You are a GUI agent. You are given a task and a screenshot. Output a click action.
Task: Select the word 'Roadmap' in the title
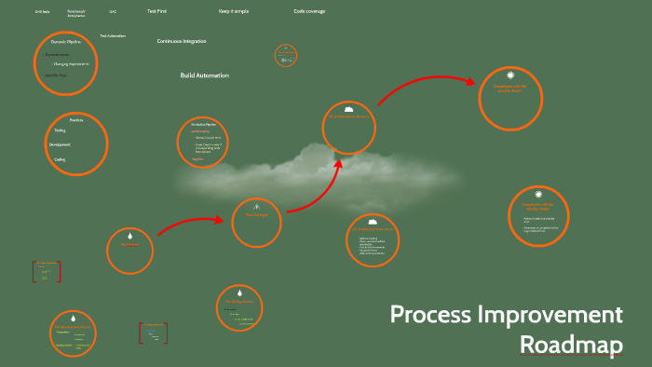coord(570,344)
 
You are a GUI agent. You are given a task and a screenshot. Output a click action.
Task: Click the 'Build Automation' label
coord(204,75)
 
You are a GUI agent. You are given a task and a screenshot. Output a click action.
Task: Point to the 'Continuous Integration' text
coord(182,42)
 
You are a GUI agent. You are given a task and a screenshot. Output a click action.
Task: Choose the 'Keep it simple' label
coord(234,11)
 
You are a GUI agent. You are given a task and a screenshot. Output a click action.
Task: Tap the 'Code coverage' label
coord(309,11)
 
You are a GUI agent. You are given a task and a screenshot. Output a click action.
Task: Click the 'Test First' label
coord(157,11)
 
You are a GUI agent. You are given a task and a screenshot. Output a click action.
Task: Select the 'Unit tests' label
coord(42,12)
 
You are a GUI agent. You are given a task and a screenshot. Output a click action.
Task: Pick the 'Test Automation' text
coord(113,35)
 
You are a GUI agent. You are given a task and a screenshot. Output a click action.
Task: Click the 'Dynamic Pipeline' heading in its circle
coord(65,43)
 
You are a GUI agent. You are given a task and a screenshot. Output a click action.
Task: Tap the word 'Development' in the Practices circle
coord(60,145)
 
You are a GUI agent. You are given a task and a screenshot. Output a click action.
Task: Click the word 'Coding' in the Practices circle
coord(60,159)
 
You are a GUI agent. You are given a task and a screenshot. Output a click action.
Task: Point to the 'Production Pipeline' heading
coord(203,124)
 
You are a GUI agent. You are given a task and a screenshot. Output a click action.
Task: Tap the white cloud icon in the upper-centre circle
coord(348,108)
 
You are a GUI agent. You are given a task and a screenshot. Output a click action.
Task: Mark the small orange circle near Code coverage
coord(286,56)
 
